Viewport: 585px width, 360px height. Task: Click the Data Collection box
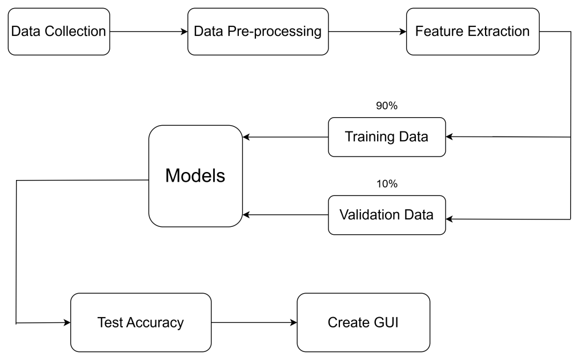59,31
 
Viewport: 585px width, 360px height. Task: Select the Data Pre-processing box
258,31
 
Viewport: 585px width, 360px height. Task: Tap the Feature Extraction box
472,31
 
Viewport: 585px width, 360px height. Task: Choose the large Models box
195,176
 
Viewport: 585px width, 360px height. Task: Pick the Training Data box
387,137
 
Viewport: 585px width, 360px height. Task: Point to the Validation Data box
387,215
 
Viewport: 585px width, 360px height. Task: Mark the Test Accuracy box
141,322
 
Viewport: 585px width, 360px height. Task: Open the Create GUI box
363,322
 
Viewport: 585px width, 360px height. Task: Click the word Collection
75,31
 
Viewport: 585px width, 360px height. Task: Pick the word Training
370,137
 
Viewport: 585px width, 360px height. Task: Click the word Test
110,322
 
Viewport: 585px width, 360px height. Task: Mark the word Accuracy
154,322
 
